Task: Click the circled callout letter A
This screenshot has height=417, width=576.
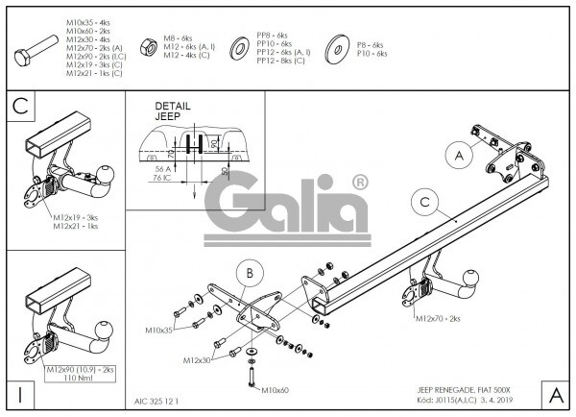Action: pyautogui.click(x=459, y=156)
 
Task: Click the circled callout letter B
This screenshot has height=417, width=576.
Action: pyautogui.click(x=249, y=274)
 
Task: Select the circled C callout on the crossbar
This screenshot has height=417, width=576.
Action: pyautogui.click(x=423, y=202)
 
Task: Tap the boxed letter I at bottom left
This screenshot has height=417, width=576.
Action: pyautogui.click(x=19, y=394)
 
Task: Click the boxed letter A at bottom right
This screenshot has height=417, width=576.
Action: pyautogui.click(x=555, y=394)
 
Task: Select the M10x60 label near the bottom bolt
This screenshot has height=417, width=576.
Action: pyautogui.click(x=275, y=389)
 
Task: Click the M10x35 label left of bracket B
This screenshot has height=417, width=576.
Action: pyautogui.click(x=159, y=330)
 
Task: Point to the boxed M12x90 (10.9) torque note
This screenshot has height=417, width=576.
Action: pyautogui.click(x=81, y=373)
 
